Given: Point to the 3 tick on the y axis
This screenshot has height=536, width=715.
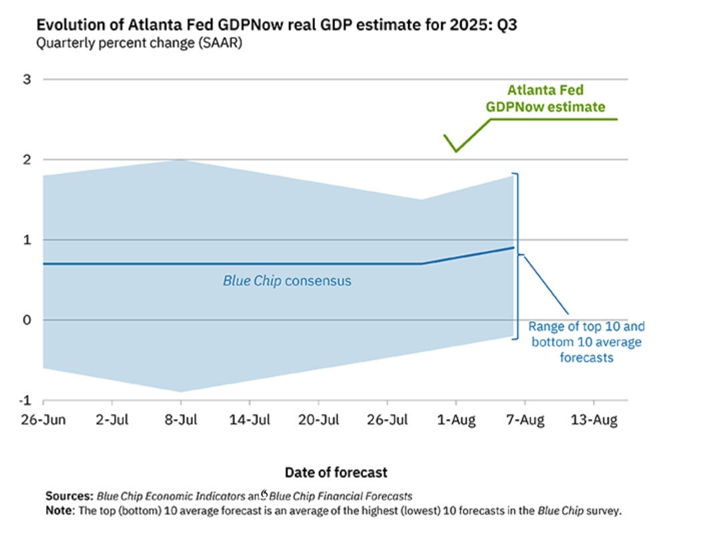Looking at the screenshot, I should click(x=28, y=80).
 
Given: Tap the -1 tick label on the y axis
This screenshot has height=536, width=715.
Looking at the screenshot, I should click(x=26, y=400).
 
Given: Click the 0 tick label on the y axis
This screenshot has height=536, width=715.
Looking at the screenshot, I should click(x=28, y=320).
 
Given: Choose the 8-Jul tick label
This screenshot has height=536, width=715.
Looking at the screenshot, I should click(x=180, y=420).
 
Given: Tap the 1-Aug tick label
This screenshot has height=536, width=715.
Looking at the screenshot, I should click(x=456, y=420).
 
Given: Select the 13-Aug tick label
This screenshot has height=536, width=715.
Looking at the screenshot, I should click(x=593, y=420).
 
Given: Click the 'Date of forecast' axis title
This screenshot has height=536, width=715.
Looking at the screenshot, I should click(x=336, y=473).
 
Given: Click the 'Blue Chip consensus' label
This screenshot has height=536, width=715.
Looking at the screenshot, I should click(x=287, y=281).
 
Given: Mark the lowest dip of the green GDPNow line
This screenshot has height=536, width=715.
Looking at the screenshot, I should click(x=456, y=151).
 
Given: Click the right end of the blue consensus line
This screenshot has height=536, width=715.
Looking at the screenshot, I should click(x=513, y=247).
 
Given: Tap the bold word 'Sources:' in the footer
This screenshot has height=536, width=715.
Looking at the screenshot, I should click(x=69, y=497).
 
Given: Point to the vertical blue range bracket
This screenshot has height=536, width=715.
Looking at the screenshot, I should click(x=516, y=256).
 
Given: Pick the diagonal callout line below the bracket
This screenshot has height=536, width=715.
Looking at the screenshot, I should click(x=545, y=284).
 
